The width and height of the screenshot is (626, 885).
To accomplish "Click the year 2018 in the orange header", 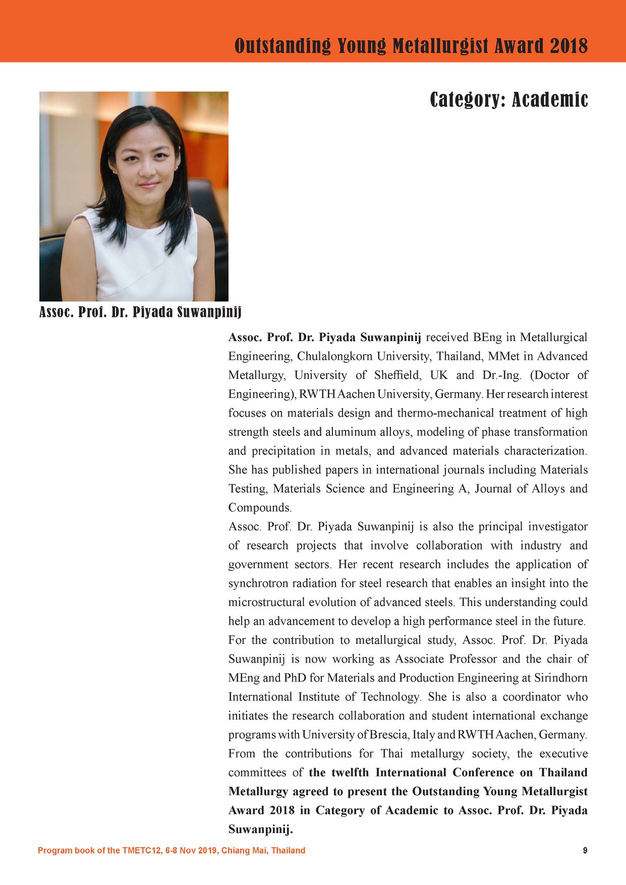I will [x=568, y=46].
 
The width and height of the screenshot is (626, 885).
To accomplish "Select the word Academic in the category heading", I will [x=550, y=99].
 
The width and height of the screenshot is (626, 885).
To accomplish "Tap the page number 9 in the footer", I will [x=585, y=850].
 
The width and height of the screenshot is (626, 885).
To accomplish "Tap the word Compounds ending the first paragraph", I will [x=259, y=508].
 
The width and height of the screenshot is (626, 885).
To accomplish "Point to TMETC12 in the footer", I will [x=140, y=850].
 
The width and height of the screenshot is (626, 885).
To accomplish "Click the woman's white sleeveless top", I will [x=142, y=262].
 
